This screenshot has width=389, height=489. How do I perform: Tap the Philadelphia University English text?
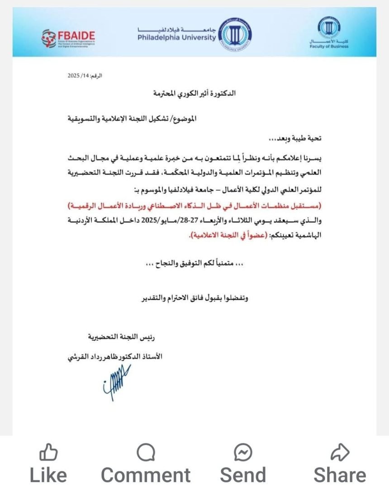tap(177, 38)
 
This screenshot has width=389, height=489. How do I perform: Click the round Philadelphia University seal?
tap(235, 35)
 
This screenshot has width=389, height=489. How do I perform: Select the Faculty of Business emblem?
tap(329, 28)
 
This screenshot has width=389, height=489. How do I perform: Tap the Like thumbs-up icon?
tap(48, 452)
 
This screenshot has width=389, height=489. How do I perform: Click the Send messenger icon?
tap(243, 452)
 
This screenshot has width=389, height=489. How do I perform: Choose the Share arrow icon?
tap(340, 452)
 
